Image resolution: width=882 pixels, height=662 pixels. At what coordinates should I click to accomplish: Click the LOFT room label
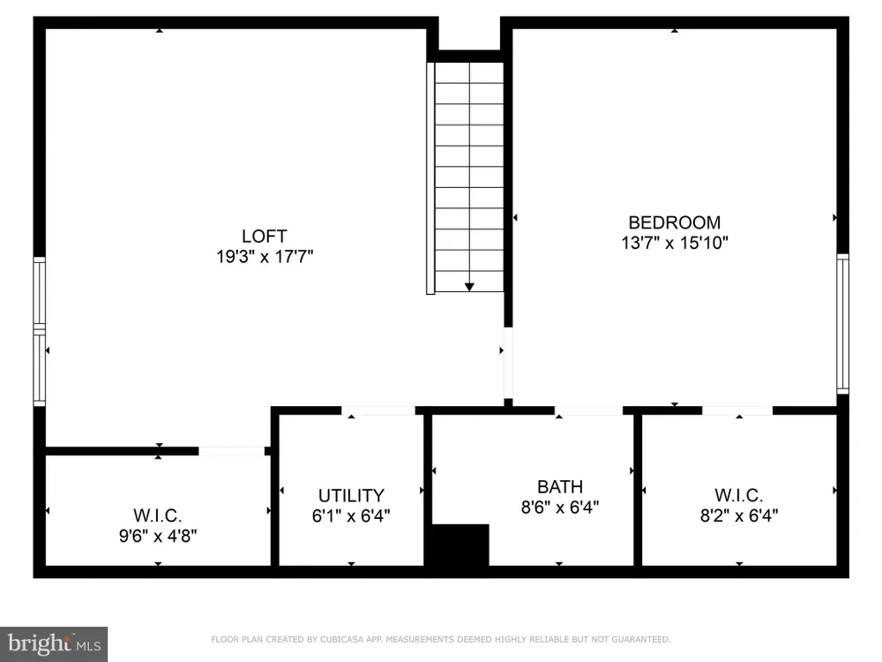click(x=265, y=236)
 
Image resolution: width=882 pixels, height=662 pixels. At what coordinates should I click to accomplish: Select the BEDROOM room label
click(x=675, y=222)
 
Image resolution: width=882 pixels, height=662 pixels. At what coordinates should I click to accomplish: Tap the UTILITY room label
click(x=352, y=495)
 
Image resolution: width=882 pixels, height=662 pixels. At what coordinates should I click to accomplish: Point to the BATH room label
click(x=560, y=486)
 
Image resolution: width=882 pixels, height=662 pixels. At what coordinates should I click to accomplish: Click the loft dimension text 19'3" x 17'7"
click(x=265, y=257)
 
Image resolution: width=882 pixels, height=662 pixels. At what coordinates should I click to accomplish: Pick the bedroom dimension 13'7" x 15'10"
click(x=675, y=243)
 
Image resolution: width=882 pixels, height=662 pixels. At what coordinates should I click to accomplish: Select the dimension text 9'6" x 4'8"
click(x=158, y=536)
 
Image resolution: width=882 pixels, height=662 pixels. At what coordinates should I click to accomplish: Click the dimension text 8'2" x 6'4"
click(x=739, y=515)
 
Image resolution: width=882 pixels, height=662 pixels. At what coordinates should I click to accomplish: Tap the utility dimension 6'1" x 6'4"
click(x=352, y=515)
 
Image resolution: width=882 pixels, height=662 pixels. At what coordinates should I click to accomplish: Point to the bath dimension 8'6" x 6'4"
click(x=560, y=508)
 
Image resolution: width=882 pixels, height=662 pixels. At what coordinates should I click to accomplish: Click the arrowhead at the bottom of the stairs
click(x=469, y=287)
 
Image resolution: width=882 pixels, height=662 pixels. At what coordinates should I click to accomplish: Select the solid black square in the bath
click(x=460, y=545)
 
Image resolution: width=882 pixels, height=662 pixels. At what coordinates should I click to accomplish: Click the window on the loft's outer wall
click(x=39, y=331)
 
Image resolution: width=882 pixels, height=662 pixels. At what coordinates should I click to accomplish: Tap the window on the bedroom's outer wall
click(x=842, y=324)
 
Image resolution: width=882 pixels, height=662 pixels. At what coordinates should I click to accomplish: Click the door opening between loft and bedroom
click(x=508, y=363)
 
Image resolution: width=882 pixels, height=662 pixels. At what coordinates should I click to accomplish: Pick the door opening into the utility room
click(x=378, y=410)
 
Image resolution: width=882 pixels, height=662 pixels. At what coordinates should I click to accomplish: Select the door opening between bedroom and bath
click(x=589, y=410)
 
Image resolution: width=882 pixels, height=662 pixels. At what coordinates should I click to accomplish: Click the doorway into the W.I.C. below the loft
click(x=232, y=451)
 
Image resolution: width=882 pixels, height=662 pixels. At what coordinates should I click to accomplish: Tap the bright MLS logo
click(x=54, y=644)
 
